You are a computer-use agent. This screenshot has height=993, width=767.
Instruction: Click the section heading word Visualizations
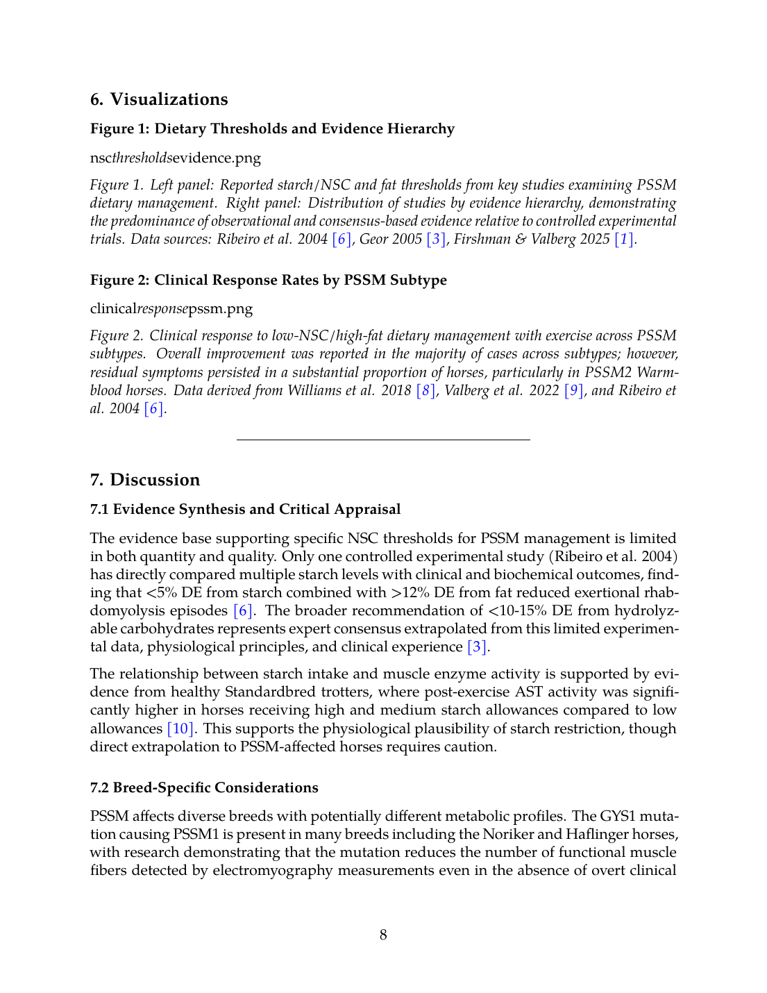(169, 99)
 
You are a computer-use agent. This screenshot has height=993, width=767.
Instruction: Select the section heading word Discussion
(155, 480)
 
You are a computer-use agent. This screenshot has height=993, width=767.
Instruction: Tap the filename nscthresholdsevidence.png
(176, 158)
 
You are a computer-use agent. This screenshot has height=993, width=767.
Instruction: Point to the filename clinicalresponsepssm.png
(171, 308)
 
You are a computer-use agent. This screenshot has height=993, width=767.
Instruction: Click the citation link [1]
(625, 240)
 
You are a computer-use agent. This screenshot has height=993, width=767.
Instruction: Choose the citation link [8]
(425, 390)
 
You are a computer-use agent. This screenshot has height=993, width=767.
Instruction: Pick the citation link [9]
(574, 390)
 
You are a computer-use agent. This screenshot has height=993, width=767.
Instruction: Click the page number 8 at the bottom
(383, 935)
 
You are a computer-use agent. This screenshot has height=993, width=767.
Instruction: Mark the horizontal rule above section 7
(383, 440)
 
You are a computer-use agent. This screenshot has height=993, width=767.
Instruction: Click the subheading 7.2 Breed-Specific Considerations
(204, 787)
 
